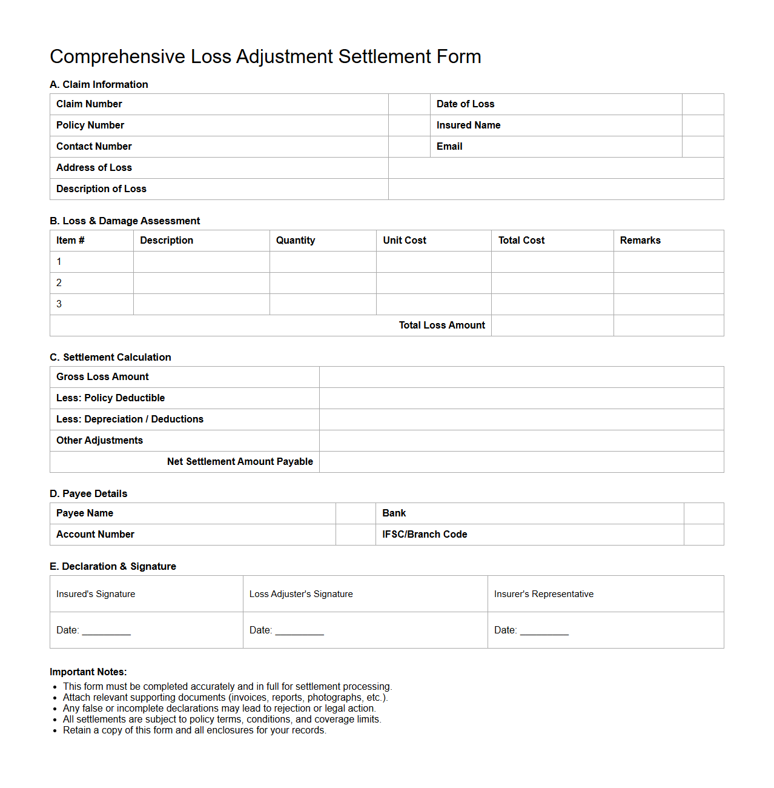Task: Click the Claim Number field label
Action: click(x=89, y=104)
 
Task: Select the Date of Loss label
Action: click(x=465, y=104)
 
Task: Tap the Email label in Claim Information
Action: click(x=449, y=147)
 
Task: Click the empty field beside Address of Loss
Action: click(x=555, y=168)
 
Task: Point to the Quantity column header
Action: click(x=296, y=241)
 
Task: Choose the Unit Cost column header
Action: click(x=405, y=241)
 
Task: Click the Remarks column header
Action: click(x=640, y=241)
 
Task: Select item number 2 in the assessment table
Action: click(x=59, y=283)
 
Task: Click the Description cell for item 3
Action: click(x=201, y=304)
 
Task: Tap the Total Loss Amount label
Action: click(x=442, y=326)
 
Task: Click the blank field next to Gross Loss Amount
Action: click(x=521, y=377)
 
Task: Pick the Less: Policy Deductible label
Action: click(x=110, y=398)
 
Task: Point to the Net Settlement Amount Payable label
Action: click(x=240, y=462)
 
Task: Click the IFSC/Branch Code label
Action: click(x=425, y=535)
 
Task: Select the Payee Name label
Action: click(x=85, y=513)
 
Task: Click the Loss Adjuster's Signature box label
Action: click(x=301, y=594)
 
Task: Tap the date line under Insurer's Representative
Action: click(x=544, y=631)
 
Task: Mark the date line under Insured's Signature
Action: click(x=106, y=631)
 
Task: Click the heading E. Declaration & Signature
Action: click(x=113, y=566)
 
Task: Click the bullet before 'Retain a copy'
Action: click(x=55, y=730)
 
